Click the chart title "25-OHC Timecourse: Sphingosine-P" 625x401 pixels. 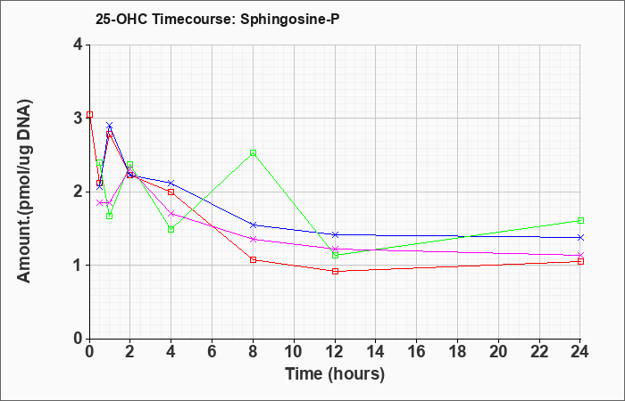pos(217,19)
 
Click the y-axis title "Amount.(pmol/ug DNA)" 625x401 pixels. pos(25,192)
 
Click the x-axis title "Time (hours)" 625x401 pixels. pos(335,374)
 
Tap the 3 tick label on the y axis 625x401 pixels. pos(78,119)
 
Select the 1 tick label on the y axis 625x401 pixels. pos(78,266)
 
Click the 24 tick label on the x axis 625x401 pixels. pos(580,352)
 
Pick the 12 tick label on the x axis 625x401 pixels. pos(335,352)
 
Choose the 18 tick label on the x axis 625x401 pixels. pos(457,352)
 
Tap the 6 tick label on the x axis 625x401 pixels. pos(212,352)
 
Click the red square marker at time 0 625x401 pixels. pos(89,115)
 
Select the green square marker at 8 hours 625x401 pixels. pos(253,152)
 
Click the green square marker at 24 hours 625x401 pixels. pos(580,220)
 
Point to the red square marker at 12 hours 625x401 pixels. pos(335,271)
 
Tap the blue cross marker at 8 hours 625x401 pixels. pos(253,225)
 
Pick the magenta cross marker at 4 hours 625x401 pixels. pos(171,214)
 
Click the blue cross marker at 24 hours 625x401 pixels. pos(580,237)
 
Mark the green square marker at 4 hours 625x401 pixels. pos(171,230)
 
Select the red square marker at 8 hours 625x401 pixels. pos(253,260)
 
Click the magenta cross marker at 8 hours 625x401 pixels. pos(253,239)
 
